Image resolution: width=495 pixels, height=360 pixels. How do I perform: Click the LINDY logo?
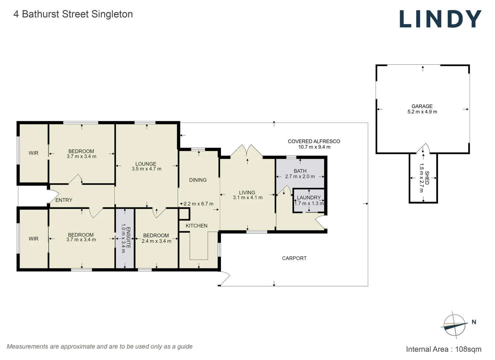440,19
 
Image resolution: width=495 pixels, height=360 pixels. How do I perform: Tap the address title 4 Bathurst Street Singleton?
73,14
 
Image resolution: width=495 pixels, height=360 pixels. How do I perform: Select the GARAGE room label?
422,106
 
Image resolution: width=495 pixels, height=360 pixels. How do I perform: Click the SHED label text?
427,178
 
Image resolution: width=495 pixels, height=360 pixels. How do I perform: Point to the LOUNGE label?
146,164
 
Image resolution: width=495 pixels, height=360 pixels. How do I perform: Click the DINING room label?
198,180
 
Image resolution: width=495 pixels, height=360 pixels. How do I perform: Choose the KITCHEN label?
196,226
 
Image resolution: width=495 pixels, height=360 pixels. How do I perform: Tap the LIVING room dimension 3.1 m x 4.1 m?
248,198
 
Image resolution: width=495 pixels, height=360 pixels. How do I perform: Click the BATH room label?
300,171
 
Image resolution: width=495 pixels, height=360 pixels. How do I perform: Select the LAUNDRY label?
309,198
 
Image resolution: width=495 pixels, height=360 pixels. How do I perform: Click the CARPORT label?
294,258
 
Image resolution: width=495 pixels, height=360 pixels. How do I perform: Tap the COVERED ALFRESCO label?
314,141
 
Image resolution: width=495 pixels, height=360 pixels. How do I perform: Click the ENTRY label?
64,200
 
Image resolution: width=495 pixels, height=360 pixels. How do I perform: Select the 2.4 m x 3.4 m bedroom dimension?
156,241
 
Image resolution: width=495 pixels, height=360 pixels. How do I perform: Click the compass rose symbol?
454,325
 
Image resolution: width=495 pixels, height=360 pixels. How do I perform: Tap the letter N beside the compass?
474,322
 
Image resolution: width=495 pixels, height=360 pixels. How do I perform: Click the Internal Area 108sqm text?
443,349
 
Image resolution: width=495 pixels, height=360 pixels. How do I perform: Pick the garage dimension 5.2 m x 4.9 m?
422,112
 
